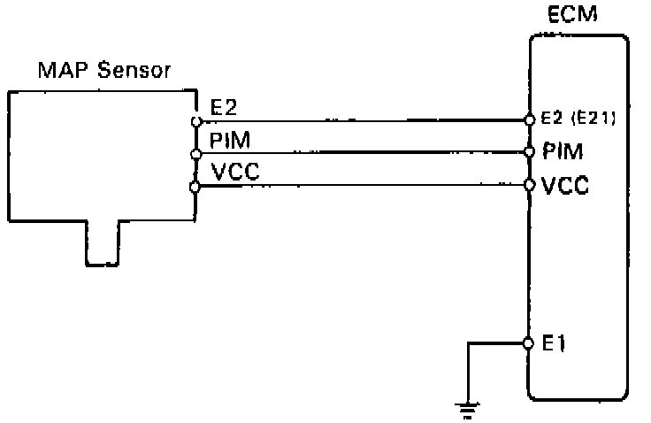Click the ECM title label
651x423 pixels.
point(572,13)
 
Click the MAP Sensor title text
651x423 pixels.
point(104,70)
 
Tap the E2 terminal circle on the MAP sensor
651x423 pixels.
point(196,121)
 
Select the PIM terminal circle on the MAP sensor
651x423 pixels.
point(196,154)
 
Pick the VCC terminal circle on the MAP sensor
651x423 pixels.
point(195,188)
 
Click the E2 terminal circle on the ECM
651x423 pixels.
point(529,119)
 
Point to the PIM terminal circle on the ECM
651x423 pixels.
point(529,151)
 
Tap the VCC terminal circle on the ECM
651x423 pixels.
point(529,184)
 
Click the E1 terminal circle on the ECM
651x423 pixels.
point(528,343)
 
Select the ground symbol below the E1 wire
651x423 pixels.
point(468,410)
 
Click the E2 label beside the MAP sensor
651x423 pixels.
point(224,107)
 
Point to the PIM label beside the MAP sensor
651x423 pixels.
point(230,140)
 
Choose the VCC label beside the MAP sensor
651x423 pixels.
point(235,171)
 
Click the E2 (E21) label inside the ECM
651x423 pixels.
point(578,119)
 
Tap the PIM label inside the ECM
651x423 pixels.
point(563,150)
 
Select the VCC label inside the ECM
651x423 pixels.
point(565,185)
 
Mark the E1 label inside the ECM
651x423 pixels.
point(554,343)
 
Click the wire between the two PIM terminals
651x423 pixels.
point(363,153)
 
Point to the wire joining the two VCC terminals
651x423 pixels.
point(362,186)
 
